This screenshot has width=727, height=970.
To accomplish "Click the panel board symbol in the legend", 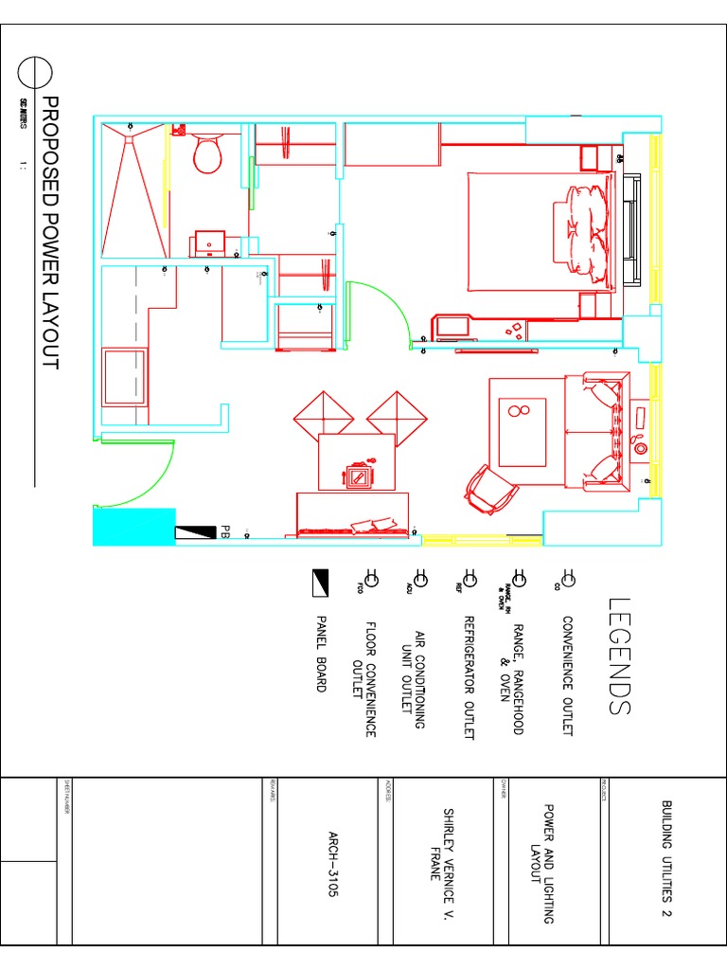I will [x=320, y=577].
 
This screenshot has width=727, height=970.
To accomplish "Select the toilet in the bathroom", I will [x=206, y=152].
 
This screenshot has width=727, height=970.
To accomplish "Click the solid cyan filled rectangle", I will [x=133, y=527].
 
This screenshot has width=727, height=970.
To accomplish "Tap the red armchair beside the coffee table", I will [x=488, y=489].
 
